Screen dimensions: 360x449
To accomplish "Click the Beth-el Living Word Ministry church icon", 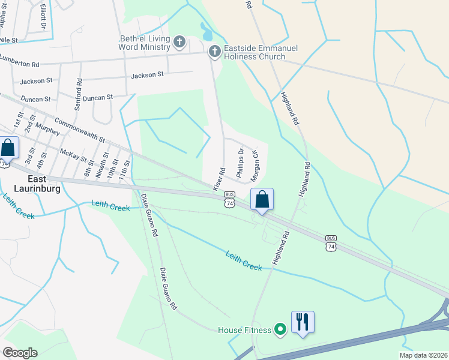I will click(179, 42).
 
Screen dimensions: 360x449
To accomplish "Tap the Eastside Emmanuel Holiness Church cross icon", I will click(214, 52).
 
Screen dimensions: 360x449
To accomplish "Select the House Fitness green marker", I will click(280, 329).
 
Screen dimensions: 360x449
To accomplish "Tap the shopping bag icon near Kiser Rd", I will click(262, 199).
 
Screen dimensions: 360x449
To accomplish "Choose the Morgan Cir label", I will click(257, 166).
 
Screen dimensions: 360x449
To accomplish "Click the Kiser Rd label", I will click(218, 179).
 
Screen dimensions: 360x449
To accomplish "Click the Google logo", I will click(20, 353).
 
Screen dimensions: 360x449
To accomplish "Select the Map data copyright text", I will click(423, 355).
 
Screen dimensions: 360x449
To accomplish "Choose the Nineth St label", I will click(99, 163).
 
